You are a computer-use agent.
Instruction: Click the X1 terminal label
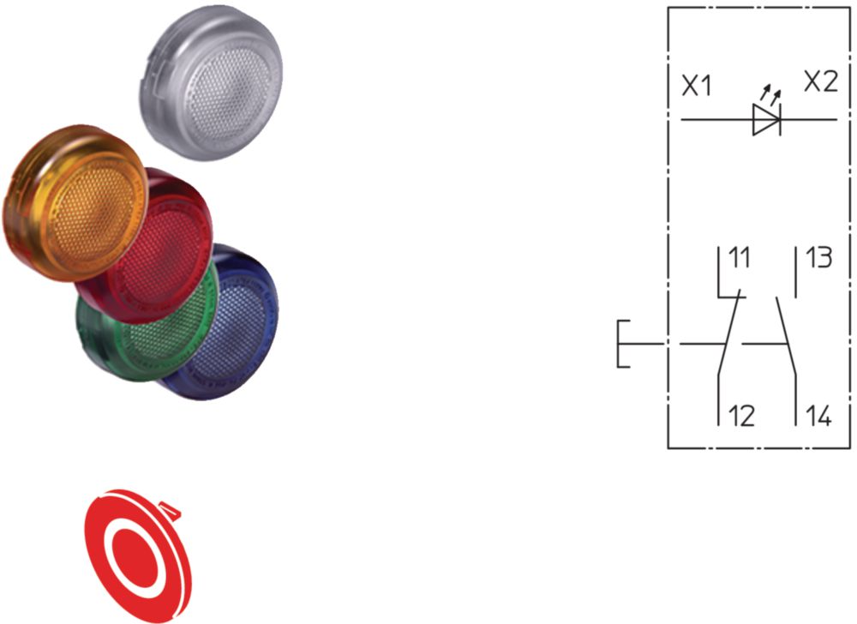click(x=697, y=87)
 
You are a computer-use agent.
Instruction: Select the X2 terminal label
click(x=821, y=81)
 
